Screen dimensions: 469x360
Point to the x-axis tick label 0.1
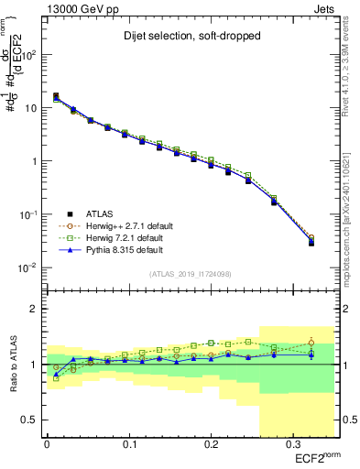pos(128,445)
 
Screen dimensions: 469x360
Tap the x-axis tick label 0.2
pos(210,445)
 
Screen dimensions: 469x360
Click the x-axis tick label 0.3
pos(291,445)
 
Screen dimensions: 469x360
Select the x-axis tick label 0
pos(47,445)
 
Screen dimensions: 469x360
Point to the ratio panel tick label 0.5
pos(29,420)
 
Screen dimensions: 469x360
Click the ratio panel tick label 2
pos(34,309)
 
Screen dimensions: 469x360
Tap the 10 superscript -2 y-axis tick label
pos(27,267)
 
